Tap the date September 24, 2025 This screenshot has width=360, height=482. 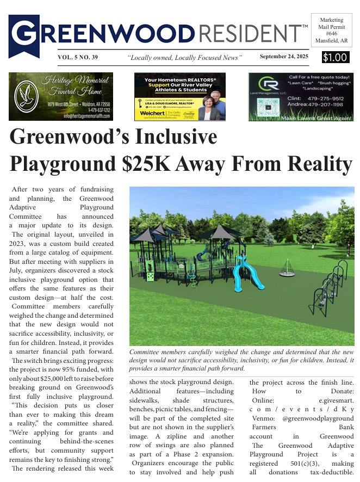coord(284,57)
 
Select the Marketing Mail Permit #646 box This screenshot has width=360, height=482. coord(332,30)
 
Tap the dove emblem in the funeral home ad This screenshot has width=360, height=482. coord(24,97)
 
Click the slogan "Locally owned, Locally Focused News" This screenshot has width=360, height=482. coord(184,57)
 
